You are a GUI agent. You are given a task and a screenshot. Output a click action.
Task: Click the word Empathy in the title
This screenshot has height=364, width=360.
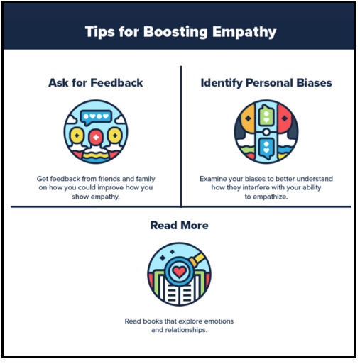coord(244,32)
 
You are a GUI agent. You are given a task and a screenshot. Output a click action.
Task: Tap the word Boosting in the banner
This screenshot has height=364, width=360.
coord(175,32)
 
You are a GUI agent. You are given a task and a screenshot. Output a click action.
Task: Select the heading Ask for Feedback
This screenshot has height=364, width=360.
coord(96,83)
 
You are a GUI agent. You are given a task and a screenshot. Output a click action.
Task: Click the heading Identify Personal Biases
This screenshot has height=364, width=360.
coord(266,83)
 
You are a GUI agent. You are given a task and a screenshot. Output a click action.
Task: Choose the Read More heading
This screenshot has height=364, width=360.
coord(180,225)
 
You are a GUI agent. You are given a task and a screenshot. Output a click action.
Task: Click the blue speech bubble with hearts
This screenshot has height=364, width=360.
coord(96,117)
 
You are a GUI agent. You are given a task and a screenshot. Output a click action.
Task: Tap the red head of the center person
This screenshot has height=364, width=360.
coord(96,137)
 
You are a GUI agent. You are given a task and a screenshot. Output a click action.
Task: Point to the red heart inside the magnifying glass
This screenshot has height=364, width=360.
coord(179,271)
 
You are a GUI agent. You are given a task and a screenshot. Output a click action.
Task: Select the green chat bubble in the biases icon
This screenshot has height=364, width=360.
coord(266,116)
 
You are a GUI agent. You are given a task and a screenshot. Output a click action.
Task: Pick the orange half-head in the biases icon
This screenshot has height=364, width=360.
coord(248,118)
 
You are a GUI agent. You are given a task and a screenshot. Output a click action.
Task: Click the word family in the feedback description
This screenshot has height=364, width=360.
coord(146,179)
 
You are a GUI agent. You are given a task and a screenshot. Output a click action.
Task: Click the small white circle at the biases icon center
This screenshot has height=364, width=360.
coord(266,132)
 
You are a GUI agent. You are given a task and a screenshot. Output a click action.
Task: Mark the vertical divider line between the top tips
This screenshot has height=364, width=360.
coord(181,137)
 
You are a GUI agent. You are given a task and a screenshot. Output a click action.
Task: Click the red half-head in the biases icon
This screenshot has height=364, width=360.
coord(284,118)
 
